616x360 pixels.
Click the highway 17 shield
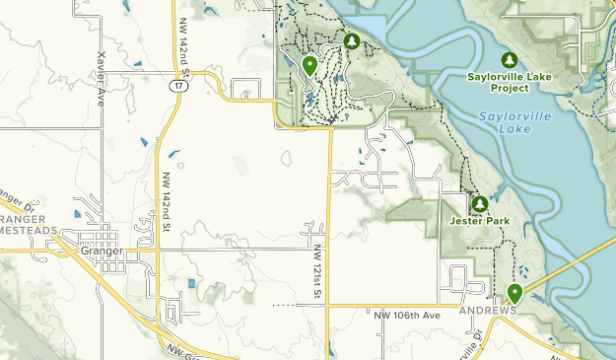(x=175, y=86)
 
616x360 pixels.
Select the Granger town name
(x=102, y=251)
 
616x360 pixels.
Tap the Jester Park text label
(x=479, y=221)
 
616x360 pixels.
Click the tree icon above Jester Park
(x=479, y=204)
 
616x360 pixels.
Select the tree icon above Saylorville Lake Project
(x=510, y=59)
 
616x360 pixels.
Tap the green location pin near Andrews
(x=513, y=293)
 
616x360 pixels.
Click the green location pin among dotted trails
(x=309, y=66)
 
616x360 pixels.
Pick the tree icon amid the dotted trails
(x=352, y=41)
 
